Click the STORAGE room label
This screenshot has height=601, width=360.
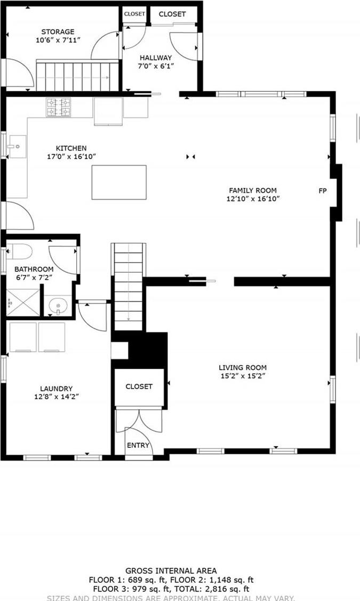(59, 32)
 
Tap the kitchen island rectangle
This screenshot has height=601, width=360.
(119, 182)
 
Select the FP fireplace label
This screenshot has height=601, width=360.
(323, 191)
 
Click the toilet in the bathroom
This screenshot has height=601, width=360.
(20, 251)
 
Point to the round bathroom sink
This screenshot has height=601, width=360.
(58, 306)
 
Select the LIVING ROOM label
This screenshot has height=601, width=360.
(243, 367)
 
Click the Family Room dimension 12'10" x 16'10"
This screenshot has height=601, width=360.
(253, 199)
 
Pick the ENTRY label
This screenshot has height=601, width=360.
(138, 445)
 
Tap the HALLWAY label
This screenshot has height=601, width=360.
(156, 58)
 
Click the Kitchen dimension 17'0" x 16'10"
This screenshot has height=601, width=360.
(71, 156)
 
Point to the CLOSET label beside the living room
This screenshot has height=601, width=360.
(139, 386)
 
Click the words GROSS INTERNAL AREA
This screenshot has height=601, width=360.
(171, 571)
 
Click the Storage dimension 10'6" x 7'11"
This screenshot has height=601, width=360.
(58, 40)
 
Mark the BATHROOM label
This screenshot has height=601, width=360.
(34, 270)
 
